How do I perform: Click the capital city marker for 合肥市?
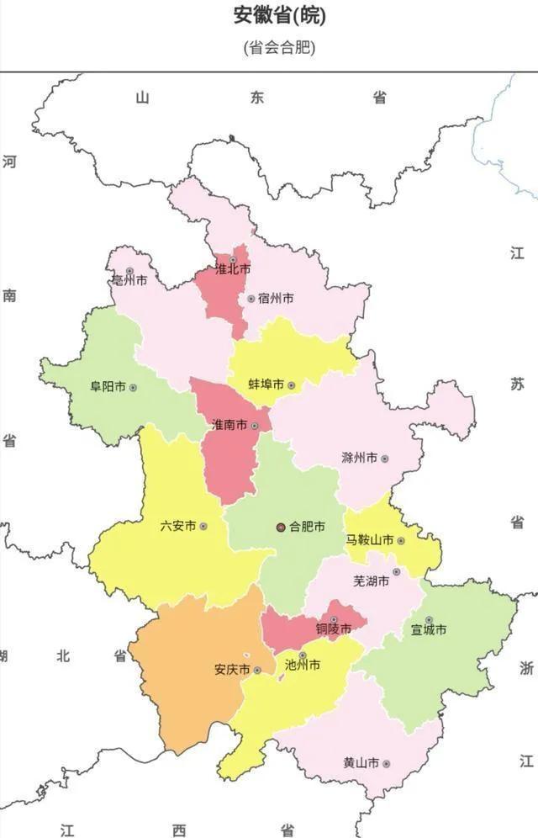coord(281,527)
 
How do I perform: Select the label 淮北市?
coord(233,270)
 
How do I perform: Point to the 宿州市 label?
coord(276,299)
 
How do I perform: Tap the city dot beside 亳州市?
coord(129,271)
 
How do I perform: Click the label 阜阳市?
coord(108,387)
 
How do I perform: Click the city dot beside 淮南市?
coord(255,426)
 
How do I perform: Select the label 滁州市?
coord(359,459)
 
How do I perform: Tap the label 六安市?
coord(177,526)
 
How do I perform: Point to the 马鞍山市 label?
coord(369,540)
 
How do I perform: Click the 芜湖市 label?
coord(371,581)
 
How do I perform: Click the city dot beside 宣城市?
coord(428,620)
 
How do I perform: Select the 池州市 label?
coord(302,665)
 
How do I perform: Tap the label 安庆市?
coord(231,670)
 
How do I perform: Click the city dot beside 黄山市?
coord(386,763)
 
